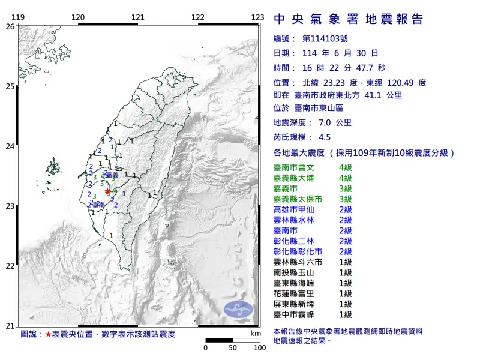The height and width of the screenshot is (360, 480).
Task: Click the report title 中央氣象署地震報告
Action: (349, 19)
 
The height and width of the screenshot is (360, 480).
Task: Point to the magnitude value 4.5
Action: (325, 137)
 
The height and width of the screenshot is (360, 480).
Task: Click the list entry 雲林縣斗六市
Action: (302, 263)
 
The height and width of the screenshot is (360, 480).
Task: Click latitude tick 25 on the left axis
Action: (10, 86)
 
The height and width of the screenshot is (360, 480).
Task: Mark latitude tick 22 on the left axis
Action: (10, 266)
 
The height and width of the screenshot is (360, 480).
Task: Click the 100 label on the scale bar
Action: (259, 347)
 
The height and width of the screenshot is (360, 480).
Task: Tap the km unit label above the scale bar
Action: (256, 333)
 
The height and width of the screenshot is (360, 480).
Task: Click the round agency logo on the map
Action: (238, 309)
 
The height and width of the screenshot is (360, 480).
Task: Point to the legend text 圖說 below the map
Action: (28, 333)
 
